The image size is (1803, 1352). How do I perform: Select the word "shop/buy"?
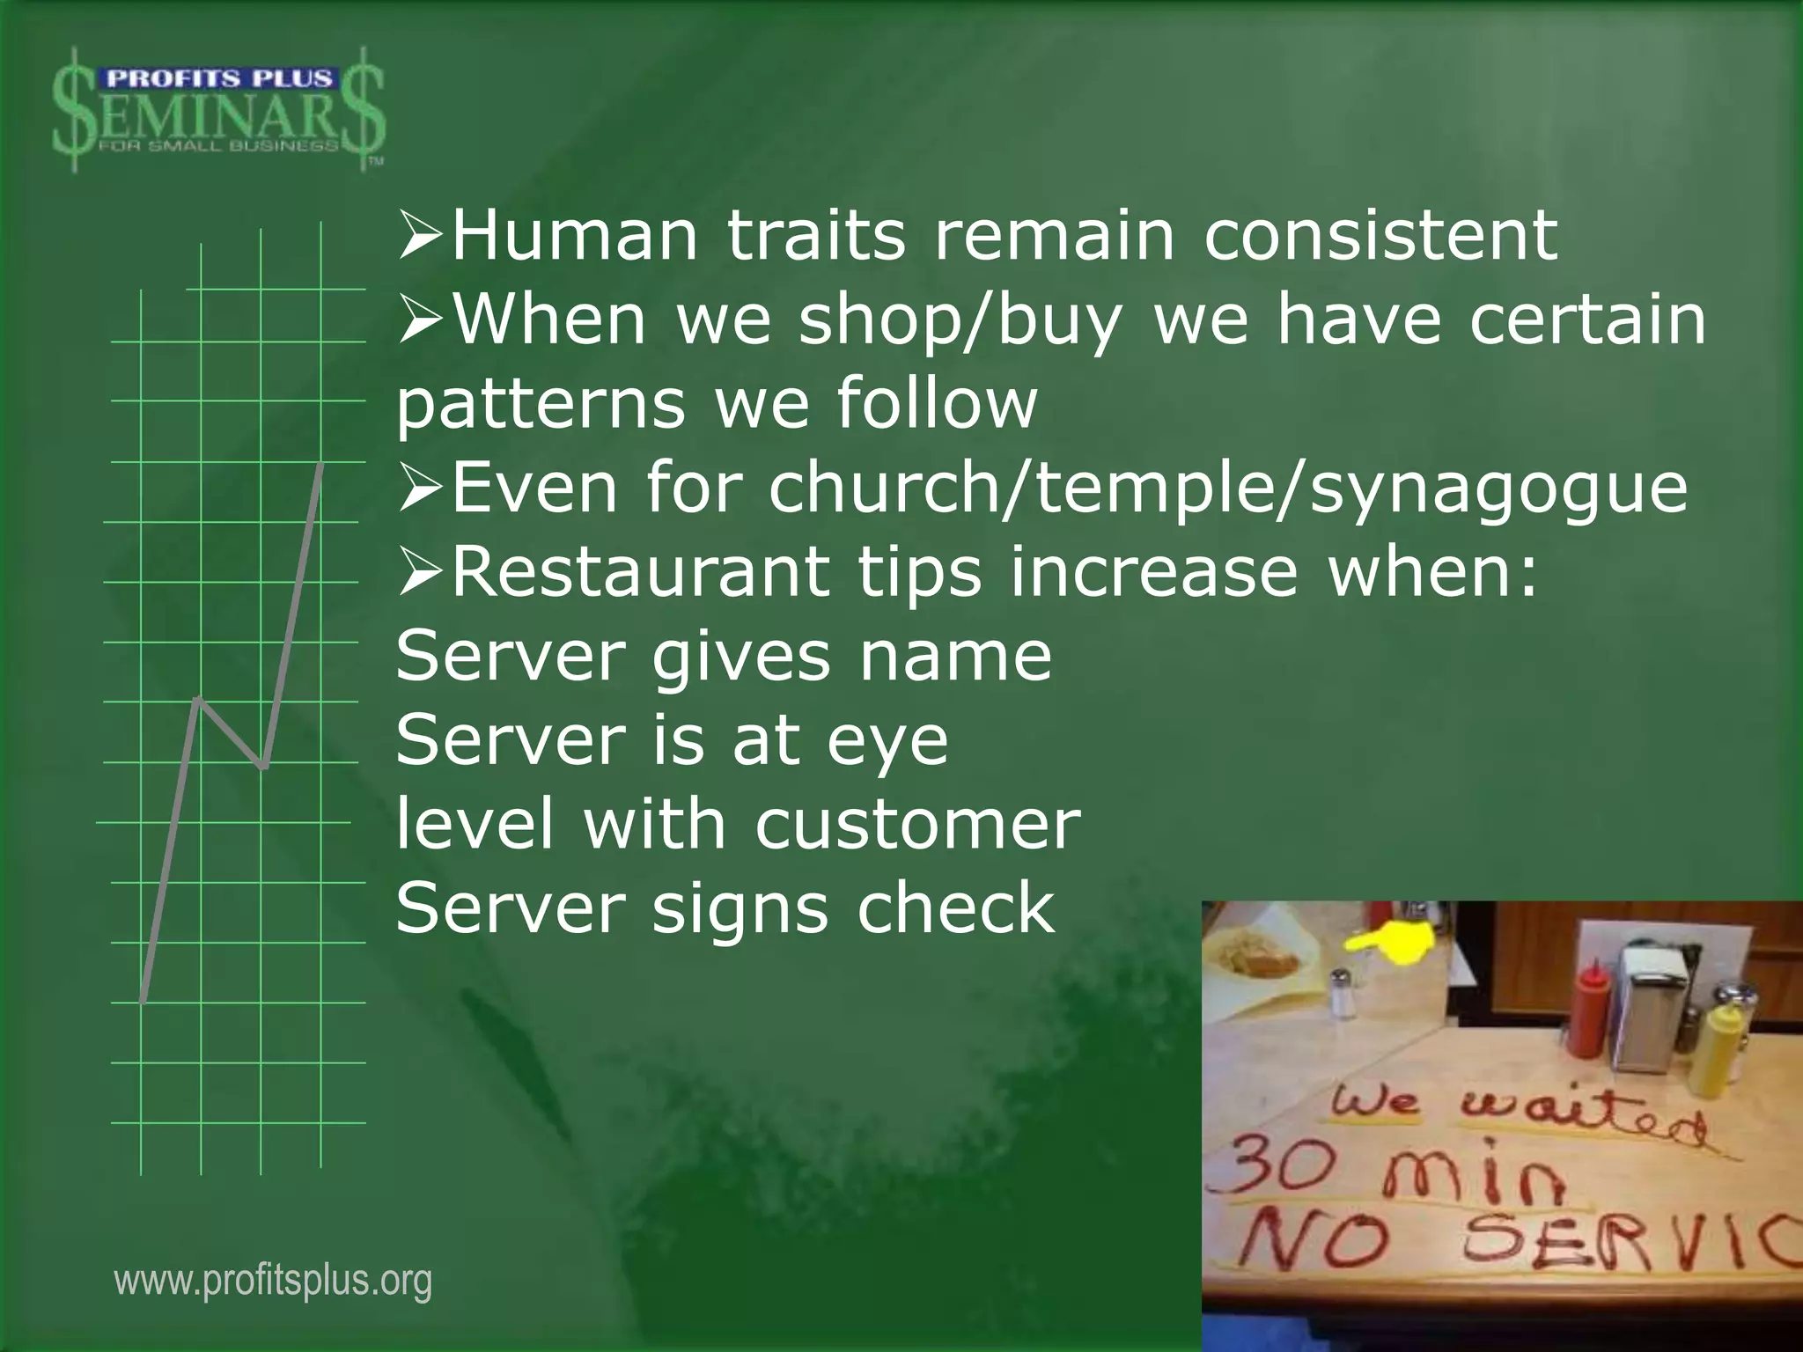[960, 320]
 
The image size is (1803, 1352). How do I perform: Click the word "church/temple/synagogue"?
[1228, 489]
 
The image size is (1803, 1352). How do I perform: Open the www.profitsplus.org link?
[273, 1281]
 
